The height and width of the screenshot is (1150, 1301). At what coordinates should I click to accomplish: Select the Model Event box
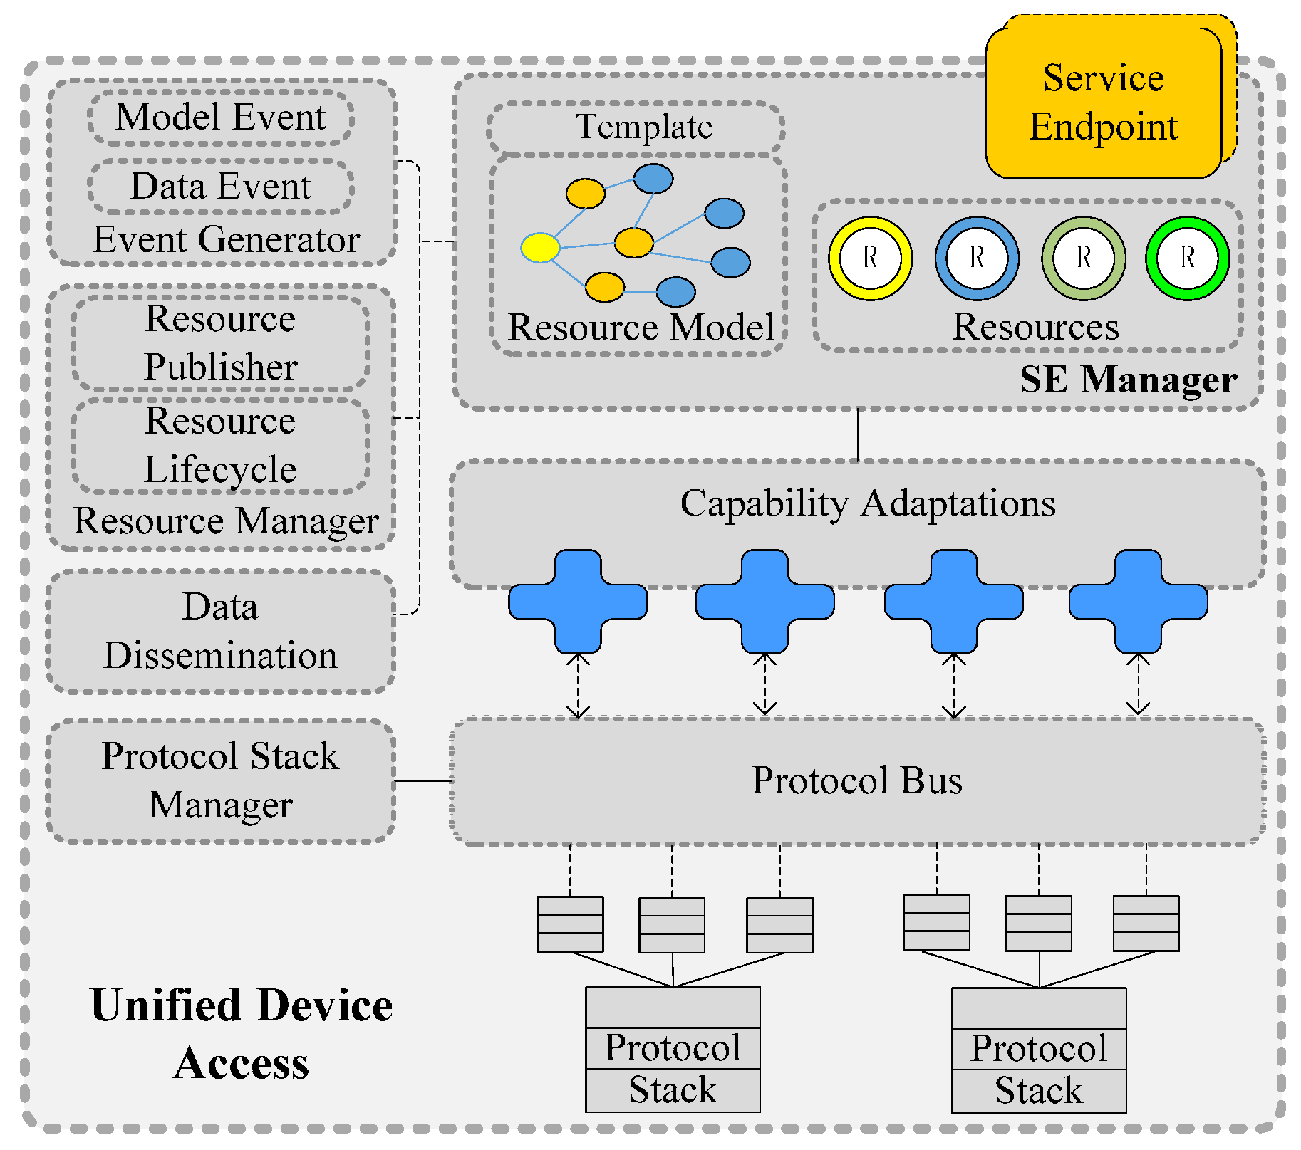pyautogui.click(x=221, y=117)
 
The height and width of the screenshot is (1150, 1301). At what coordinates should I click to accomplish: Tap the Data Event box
pyautogui.click(x=221, y=187)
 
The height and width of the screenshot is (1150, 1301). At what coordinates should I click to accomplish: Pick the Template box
pyautogui.click(x=636, y=128)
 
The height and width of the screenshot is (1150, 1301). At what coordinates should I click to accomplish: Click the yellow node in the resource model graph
pyautogui.click(x=540, y=248)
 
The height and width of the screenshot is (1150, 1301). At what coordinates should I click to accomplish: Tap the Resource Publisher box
pyautogui.click(x=221, y=343)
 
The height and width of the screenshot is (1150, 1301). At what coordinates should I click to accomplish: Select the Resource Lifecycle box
pyautogui.click(x=221, y=446)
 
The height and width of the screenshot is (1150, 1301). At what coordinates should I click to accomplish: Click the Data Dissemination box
pyautogui.click(x=221, y=632)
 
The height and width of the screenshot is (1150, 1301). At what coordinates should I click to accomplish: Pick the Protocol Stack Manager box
pyautogui.click(x=221, y=781)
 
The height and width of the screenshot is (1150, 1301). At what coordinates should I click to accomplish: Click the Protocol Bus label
pyautogui.click(x=857, y=780)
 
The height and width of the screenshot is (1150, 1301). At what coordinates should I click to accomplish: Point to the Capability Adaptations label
pyautogui.click(x=868, y=504)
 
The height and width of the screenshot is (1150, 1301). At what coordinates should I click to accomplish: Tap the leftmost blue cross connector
pyautogui.click(x=578, y=602)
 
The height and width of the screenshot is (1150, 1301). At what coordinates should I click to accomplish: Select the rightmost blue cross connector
pyautogui.click(x=1138, y=602)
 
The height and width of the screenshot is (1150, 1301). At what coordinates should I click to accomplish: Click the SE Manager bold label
pyautogui.click(x=1129, y=380)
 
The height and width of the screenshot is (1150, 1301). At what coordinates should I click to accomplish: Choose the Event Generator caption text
pyautogui.click(x=227, y=240)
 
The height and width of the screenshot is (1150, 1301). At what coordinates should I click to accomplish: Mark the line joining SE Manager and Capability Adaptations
pyautogui.click(x=858, y=435)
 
